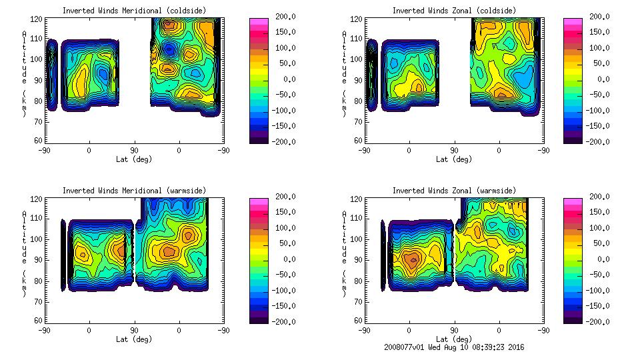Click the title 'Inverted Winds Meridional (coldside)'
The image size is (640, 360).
[134, 11]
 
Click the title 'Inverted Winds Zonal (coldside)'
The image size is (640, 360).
[454, 11]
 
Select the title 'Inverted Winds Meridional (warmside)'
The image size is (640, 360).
[134, 191]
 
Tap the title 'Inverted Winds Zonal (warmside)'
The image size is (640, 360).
[454, 191]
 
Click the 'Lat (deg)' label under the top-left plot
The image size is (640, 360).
[134, 159]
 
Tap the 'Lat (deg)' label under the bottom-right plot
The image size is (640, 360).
[454, 339]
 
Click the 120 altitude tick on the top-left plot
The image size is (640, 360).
[39, 21]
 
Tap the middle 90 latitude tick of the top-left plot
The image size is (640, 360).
[134, 151]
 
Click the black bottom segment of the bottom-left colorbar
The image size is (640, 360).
[259, 319]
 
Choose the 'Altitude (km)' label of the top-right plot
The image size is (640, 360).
[344, 70]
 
